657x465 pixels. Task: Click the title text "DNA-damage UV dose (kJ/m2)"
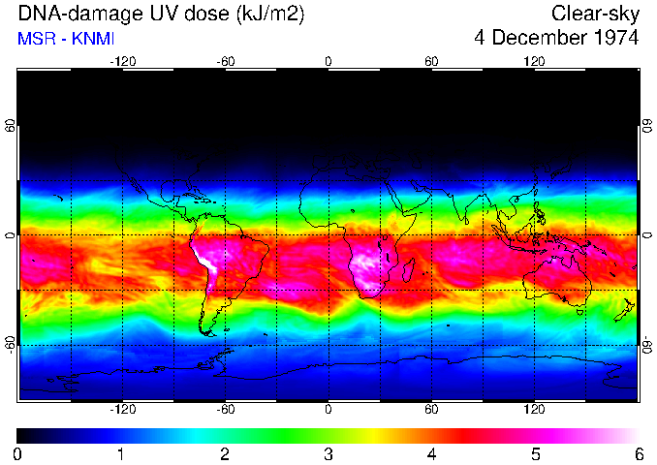tap(141, 14)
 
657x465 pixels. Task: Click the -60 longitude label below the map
tap(226, 411)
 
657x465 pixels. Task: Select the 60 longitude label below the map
tap(431, 411)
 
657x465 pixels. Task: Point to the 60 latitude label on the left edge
tap(11, 128)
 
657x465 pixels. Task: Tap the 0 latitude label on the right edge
tap(646, 236)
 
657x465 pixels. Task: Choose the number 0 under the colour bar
tap(17, 453)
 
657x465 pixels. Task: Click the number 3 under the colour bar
tap(328, 453)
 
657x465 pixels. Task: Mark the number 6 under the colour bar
tap(638, 453)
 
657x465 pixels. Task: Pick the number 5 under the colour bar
tap(535, 453)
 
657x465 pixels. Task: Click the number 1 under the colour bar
tap(121, 453)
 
